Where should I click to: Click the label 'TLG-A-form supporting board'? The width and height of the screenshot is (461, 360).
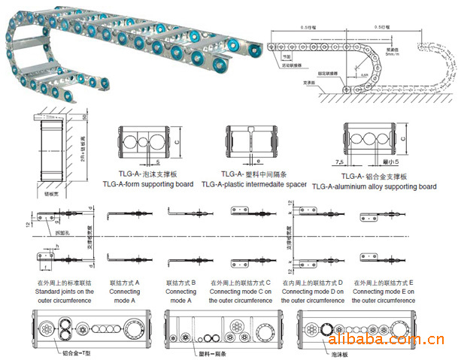(147, 184)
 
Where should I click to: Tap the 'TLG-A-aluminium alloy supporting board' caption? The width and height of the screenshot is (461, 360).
(374, 186)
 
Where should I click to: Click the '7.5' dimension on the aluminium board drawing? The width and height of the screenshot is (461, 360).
(342, 161)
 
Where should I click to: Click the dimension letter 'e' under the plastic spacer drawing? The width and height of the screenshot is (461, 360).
(257, 161)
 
